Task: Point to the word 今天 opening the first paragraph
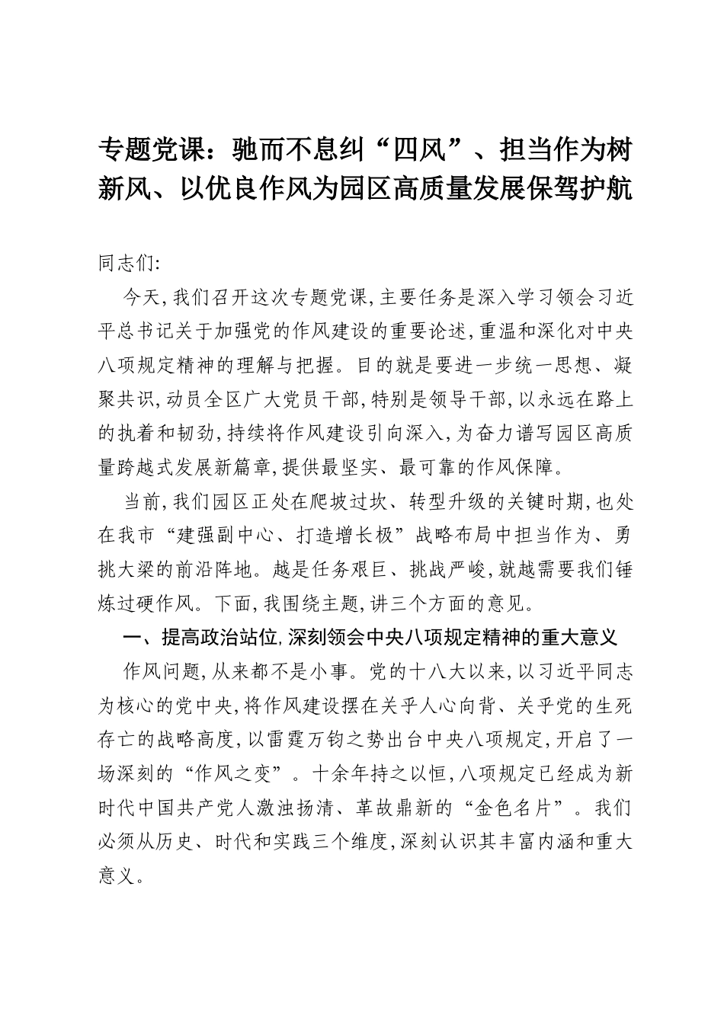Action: (139, 298)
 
